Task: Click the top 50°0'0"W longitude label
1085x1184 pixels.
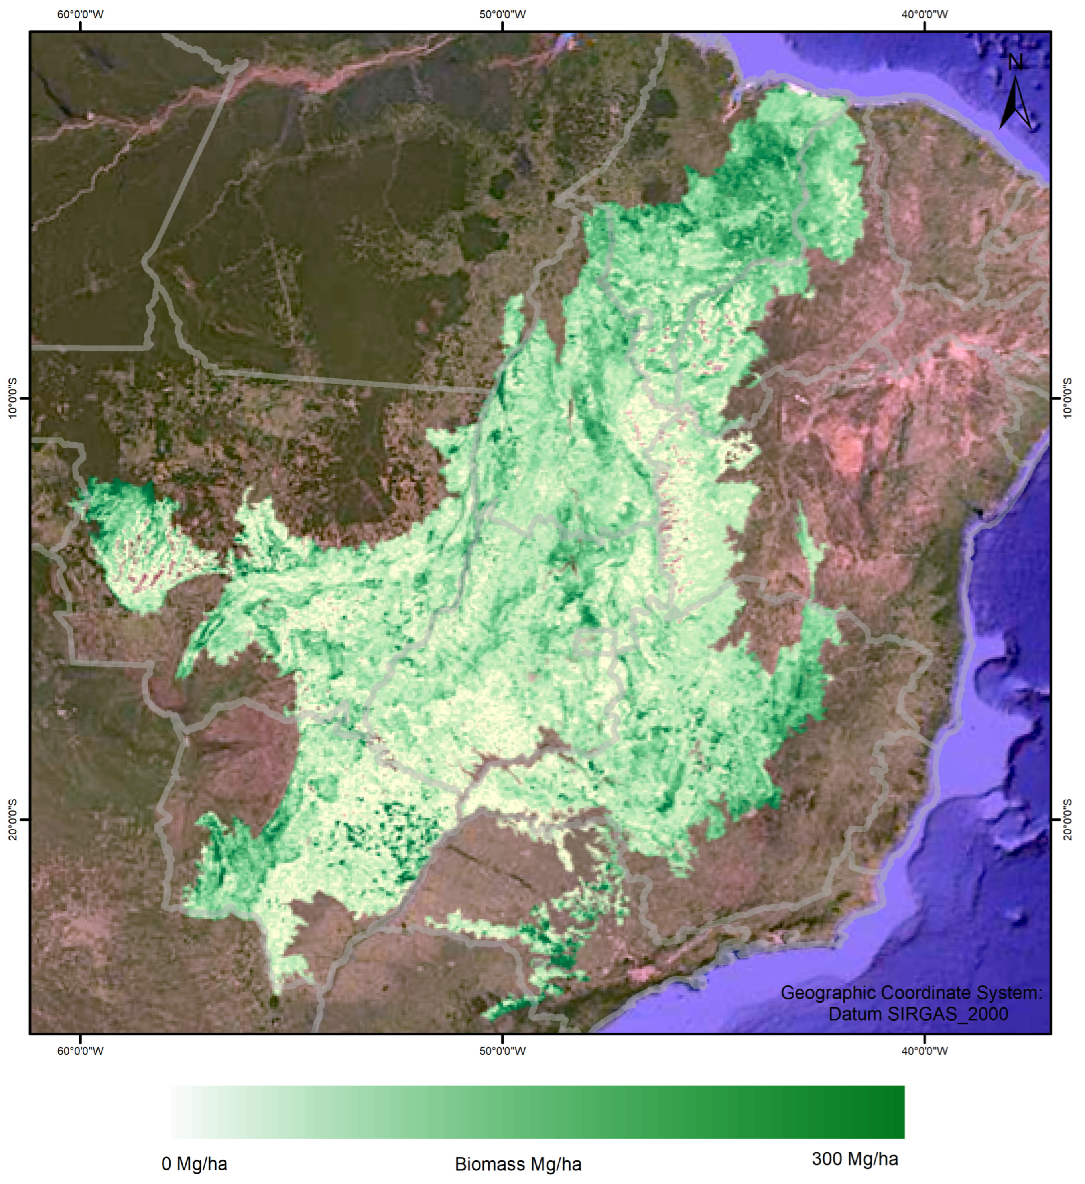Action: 502,14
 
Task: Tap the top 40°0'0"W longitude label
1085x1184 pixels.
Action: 925,14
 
